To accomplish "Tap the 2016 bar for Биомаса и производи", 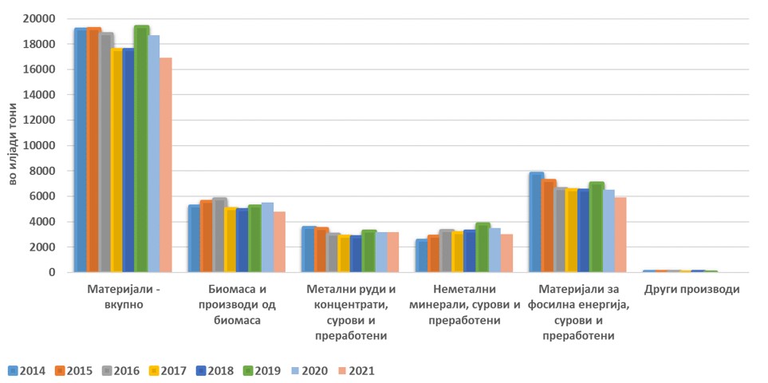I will click(x=219, y=235).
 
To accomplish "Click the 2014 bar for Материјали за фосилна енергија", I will click(x=536, y=223).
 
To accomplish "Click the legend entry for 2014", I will click(x=26, y=370).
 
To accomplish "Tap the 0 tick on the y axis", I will click(x=52, y=273).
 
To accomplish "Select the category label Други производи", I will click(x=691, y=289).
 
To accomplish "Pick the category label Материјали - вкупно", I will click(x=123, y=296).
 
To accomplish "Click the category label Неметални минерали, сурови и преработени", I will click(x=464, y=304).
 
